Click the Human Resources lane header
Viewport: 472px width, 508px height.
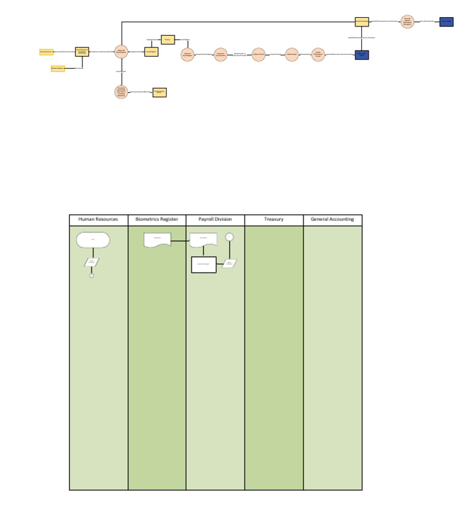(x=98, y=220)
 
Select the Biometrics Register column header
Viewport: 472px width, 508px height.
(x=157, y=220)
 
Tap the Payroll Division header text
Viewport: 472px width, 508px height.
(x=215, y=220)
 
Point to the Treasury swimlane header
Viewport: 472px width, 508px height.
(x=273, y=220)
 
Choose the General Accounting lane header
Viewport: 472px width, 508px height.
(x=332, y=220)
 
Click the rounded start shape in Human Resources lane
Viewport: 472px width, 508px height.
(x=93, y=239)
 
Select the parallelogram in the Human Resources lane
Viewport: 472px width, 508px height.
(x=92, y=262)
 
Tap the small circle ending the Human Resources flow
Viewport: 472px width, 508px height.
(x=92, y=275)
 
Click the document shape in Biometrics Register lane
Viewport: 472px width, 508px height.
(x=157, y=240)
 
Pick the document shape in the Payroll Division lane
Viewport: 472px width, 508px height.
(x=203, y=240)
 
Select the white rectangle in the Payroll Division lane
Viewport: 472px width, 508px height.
(x=203, y=264)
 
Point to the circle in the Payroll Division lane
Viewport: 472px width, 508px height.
(x=229, y=237)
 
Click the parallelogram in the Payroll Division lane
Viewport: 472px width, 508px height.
(x=229, y=263)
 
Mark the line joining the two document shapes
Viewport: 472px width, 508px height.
(x=179, y=240)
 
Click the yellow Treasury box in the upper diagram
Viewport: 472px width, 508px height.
(x=168, y=40)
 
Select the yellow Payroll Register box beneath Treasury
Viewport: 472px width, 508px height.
(x=151, y=52)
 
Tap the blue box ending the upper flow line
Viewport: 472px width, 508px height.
(x=447, y=22)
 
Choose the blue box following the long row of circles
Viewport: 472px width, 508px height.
(x=361, y=55)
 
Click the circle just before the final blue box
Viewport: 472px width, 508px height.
(x=406, y=22)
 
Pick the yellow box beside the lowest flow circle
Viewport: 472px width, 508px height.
(x=159, y=92)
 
